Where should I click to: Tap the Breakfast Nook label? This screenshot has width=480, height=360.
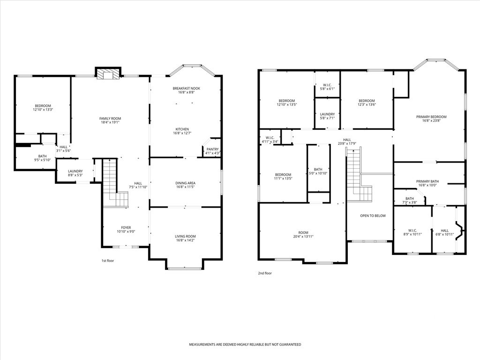pyautogui.click(x=187, y=88)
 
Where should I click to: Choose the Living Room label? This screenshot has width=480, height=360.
pyautogui.click(x=185, y=236)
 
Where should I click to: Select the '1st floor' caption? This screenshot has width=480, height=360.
pyautogui.click(x=108, y=261)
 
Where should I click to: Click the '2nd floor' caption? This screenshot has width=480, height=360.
pyautogui.click(x=265, y=273)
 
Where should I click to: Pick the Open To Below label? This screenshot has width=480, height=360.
pyautogui.click(x=373, y=216)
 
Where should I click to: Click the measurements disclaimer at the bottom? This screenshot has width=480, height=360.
pyautogui.click(x=245, y=345)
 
